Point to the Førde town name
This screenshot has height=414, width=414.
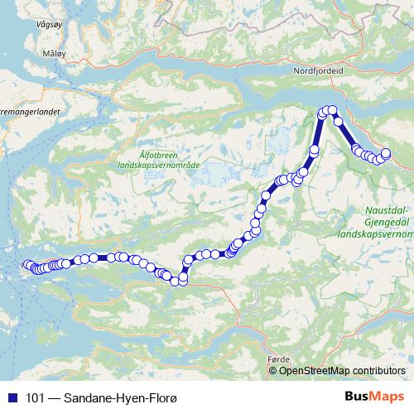(279, 359)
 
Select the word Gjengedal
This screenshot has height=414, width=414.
(386, 223)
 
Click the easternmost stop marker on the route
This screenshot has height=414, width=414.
(386, 152)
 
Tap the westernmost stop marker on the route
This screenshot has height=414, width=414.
(26, 265)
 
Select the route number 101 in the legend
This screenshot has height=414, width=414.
(36, 398)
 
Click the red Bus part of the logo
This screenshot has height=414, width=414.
(359, 397)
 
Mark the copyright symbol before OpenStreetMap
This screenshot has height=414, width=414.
(273, 370)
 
